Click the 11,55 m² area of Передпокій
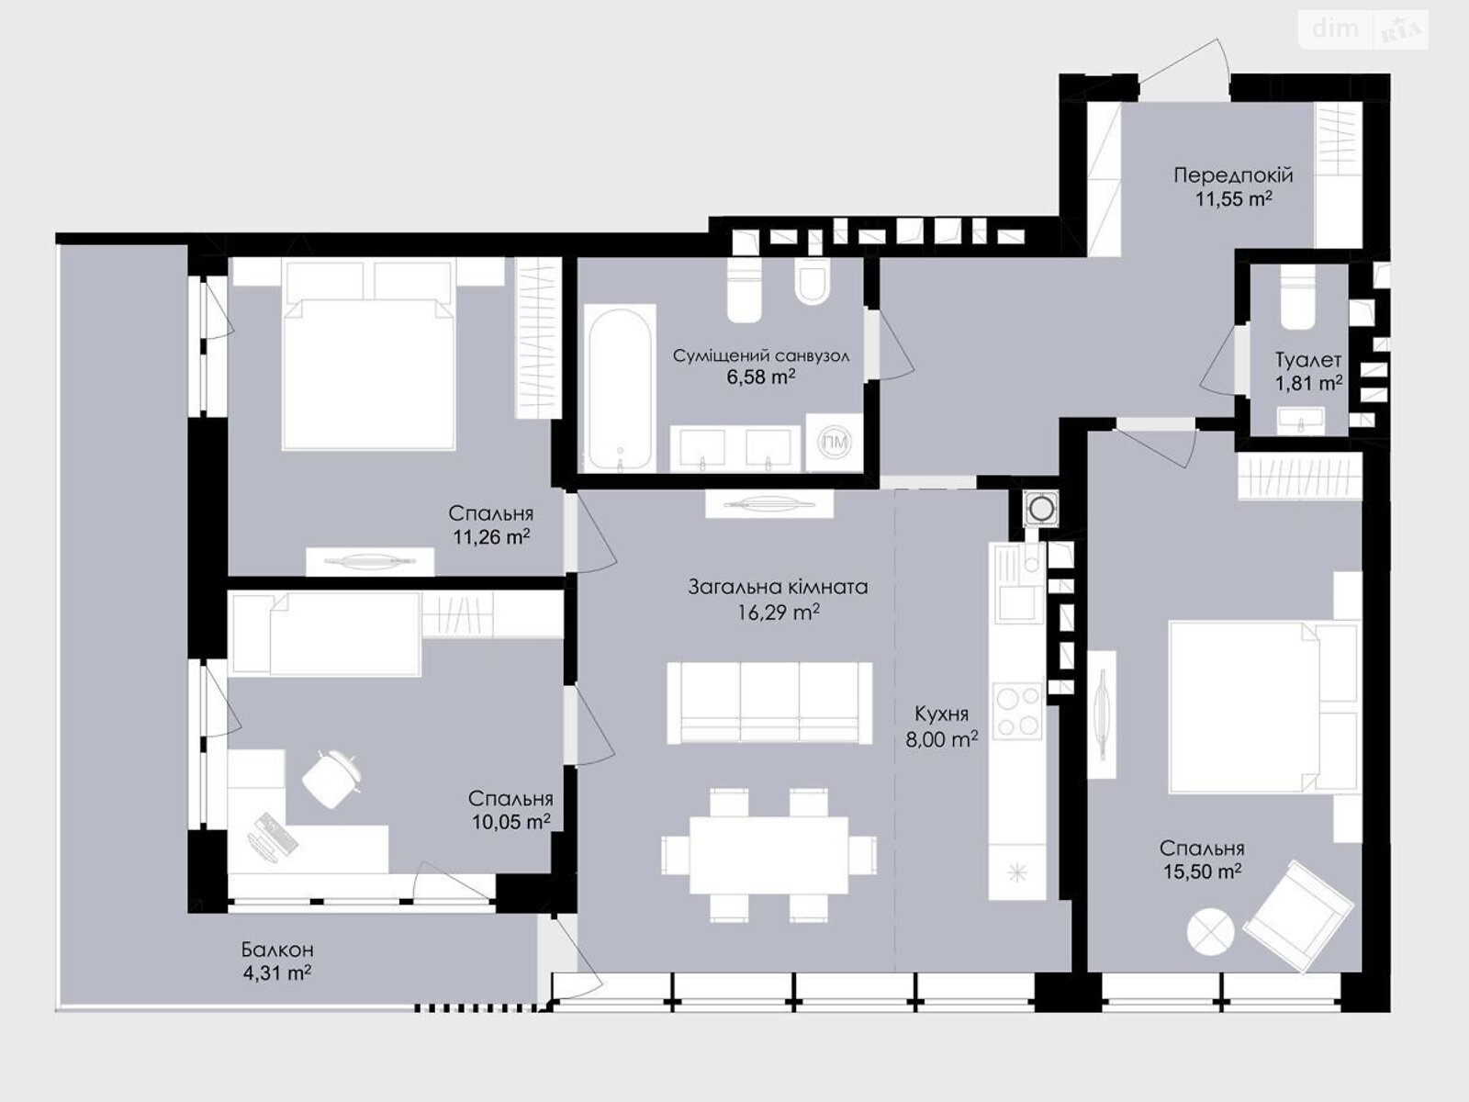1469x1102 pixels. pos(1233,198)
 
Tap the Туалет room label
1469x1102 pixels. pos(1307,360)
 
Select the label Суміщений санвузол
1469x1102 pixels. pos(761,355)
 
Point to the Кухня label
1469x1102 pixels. pos(941,714)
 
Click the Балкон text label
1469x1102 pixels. pos(277,950)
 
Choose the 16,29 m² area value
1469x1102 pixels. pos(779,612)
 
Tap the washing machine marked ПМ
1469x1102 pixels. pos(834,443)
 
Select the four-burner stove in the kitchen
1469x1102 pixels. pos(1017,711)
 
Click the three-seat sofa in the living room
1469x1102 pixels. pos(769,703)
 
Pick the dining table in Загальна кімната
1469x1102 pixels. pos(769,855)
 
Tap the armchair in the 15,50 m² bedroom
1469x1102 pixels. pos(1298,916)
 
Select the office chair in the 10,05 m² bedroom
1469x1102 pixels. pos(332,778)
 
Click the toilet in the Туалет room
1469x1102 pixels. pos(1297,298)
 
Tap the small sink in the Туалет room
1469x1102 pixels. pos(1300,421)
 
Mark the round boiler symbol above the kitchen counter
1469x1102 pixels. pos(1040,509)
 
